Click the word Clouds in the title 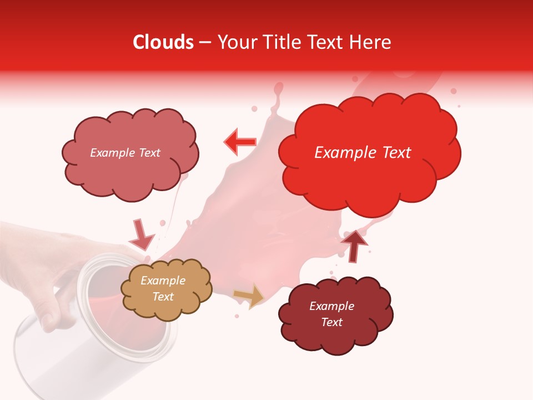click(x=163, y=42)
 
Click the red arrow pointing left click(x=239, y=142)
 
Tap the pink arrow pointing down click(x=141, y=235)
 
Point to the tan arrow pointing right click(x=249, y=296)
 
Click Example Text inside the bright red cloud click(x=363, y=152)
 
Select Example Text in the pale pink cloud click(x=125, y=153)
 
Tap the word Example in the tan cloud click(x=163, y=281)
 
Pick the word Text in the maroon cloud click(x=332, y=322)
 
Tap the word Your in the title click(x=235, y=42)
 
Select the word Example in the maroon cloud click(x=331, y=306)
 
